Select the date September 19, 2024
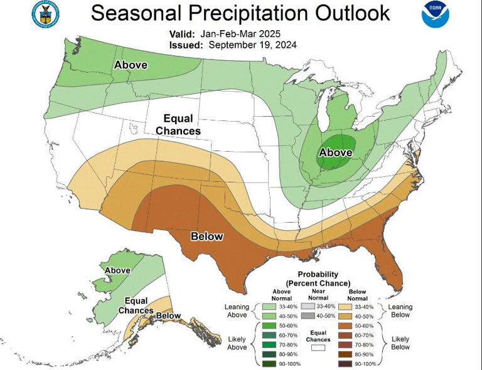[253, 45]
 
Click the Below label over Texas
[207, 236]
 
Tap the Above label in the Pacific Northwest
[131, 65]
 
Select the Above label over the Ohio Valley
[336, 152]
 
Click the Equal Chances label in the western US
[182, 124]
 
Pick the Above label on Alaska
[117, 270]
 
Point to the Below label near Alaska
[168, 315]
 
